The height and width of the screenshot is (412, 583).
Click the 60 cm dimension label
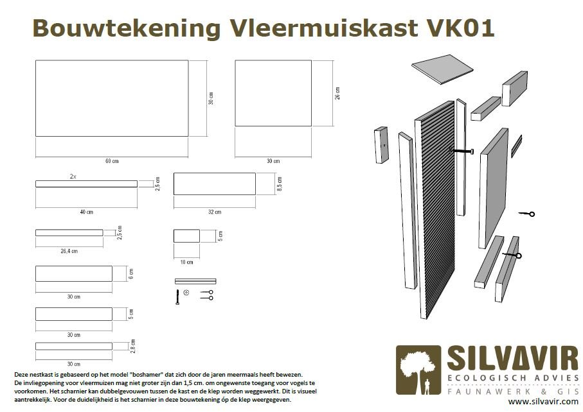[112, 161]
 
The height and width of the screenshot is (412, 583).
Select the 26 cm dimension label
[337, 93]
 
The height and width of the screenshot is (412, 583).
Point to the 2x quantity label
[73, 176]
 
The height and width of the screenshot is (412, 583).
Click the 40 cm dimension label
[87, 212]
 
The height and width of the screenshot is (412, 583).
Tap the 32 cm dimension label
[215, 212]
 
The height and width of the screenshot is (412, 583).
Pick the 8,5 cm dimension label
[279, 184]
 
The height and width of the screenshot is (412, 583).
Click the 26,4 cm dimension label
[69, 252]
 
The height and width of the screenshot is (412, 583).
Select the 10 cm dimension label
[186, 262]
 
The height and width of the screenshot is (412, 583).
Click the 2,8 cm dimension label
[133, 346]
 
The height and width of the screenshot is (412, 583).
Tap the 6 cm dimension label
[130, 273]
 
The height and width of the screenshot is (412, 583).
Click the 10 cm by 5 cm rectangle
[186, 236]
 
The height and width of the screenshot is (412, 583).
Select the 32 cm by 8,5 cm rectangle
[215, 184]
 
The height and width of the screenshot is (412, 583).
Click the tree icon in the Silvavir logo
[418, 370]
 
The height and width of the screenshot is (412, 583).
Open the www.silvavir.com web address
[543, 402]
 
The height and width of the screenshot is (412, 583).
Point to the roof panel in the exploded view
[442, 69]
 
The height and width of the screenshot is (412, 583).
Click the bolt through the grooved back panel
[461, 151]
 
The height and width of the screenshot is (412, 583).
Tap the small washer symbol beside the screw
[186, 293]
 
